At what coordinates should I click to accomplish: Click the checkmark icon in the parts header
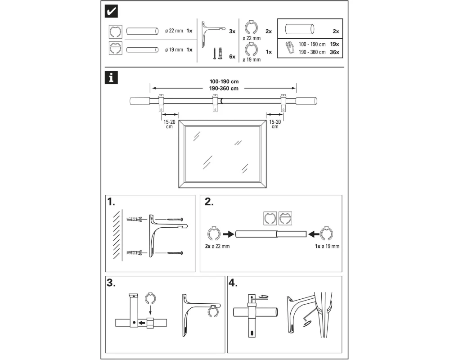[x=111, y=12]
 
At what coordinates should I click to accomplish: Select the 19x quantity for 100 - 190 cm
[x=334, y=45]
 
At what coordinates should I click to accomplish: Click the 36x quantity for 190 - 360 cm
[x=334, y=52]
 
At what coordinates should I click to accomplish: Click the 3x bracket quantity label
[x=232, y=31]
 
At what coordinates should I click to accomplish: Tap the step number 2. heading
[x=209, y=202]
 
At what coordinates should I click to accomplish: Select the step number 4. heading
[x=234, y=283]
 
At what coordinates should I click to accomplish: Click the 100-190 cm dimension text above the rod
[x=224, y=82]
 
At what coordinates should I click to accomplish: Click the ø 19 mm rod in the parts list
[x=142, y=49]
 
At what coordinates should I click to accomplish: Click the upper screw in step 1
[x=175, y=219]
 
